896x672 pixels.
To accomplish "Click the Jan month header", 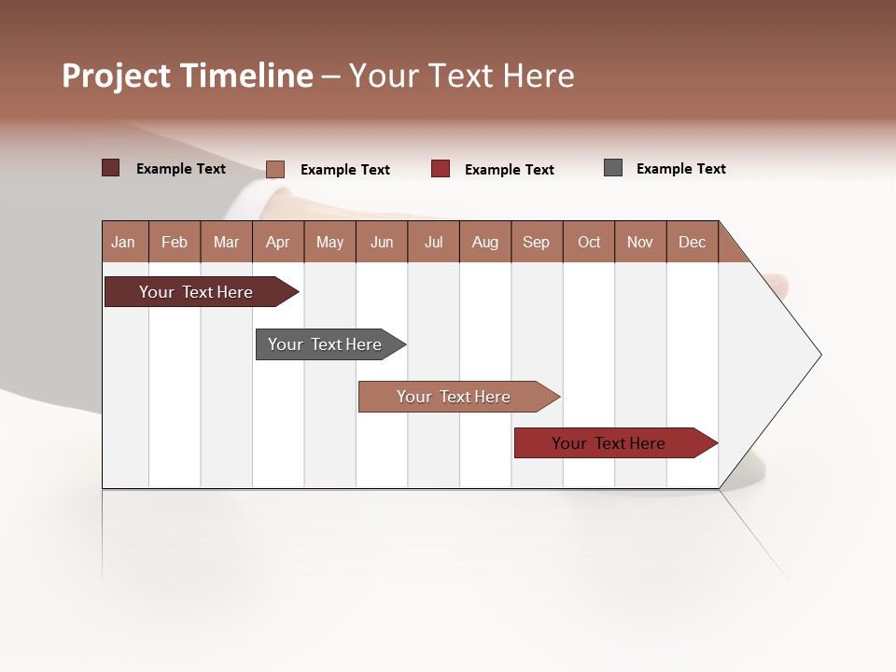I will [123, 243].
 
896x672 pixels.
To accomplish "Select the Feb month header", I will [175, 243].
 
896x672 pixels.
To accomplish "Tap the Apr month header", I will [277, 243].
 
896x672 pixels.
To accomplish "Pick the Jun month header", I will [382, 243].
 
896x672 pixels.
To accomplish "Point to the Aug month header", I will [484, 243].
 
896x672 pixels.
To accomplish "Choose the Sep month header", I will [536, 243].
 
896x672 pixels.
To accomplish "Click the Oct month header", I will [589, 243].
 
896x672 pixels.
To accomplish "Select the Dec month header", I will [692, 243].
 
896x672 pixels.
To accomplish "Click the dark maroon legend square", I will [111, 168].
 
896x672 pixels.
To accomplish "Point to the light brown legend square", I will [275, 169].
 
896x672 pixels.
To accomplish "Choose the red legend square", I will [441, 169].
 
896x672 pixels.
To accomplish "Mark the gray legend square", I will [613, 168].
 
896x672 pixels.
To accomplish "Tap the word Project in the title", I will [117, 76].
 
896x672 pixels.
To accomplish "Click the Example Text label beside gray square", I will [680, 169].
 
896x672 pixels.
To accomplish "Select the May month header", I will [329, 243].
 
